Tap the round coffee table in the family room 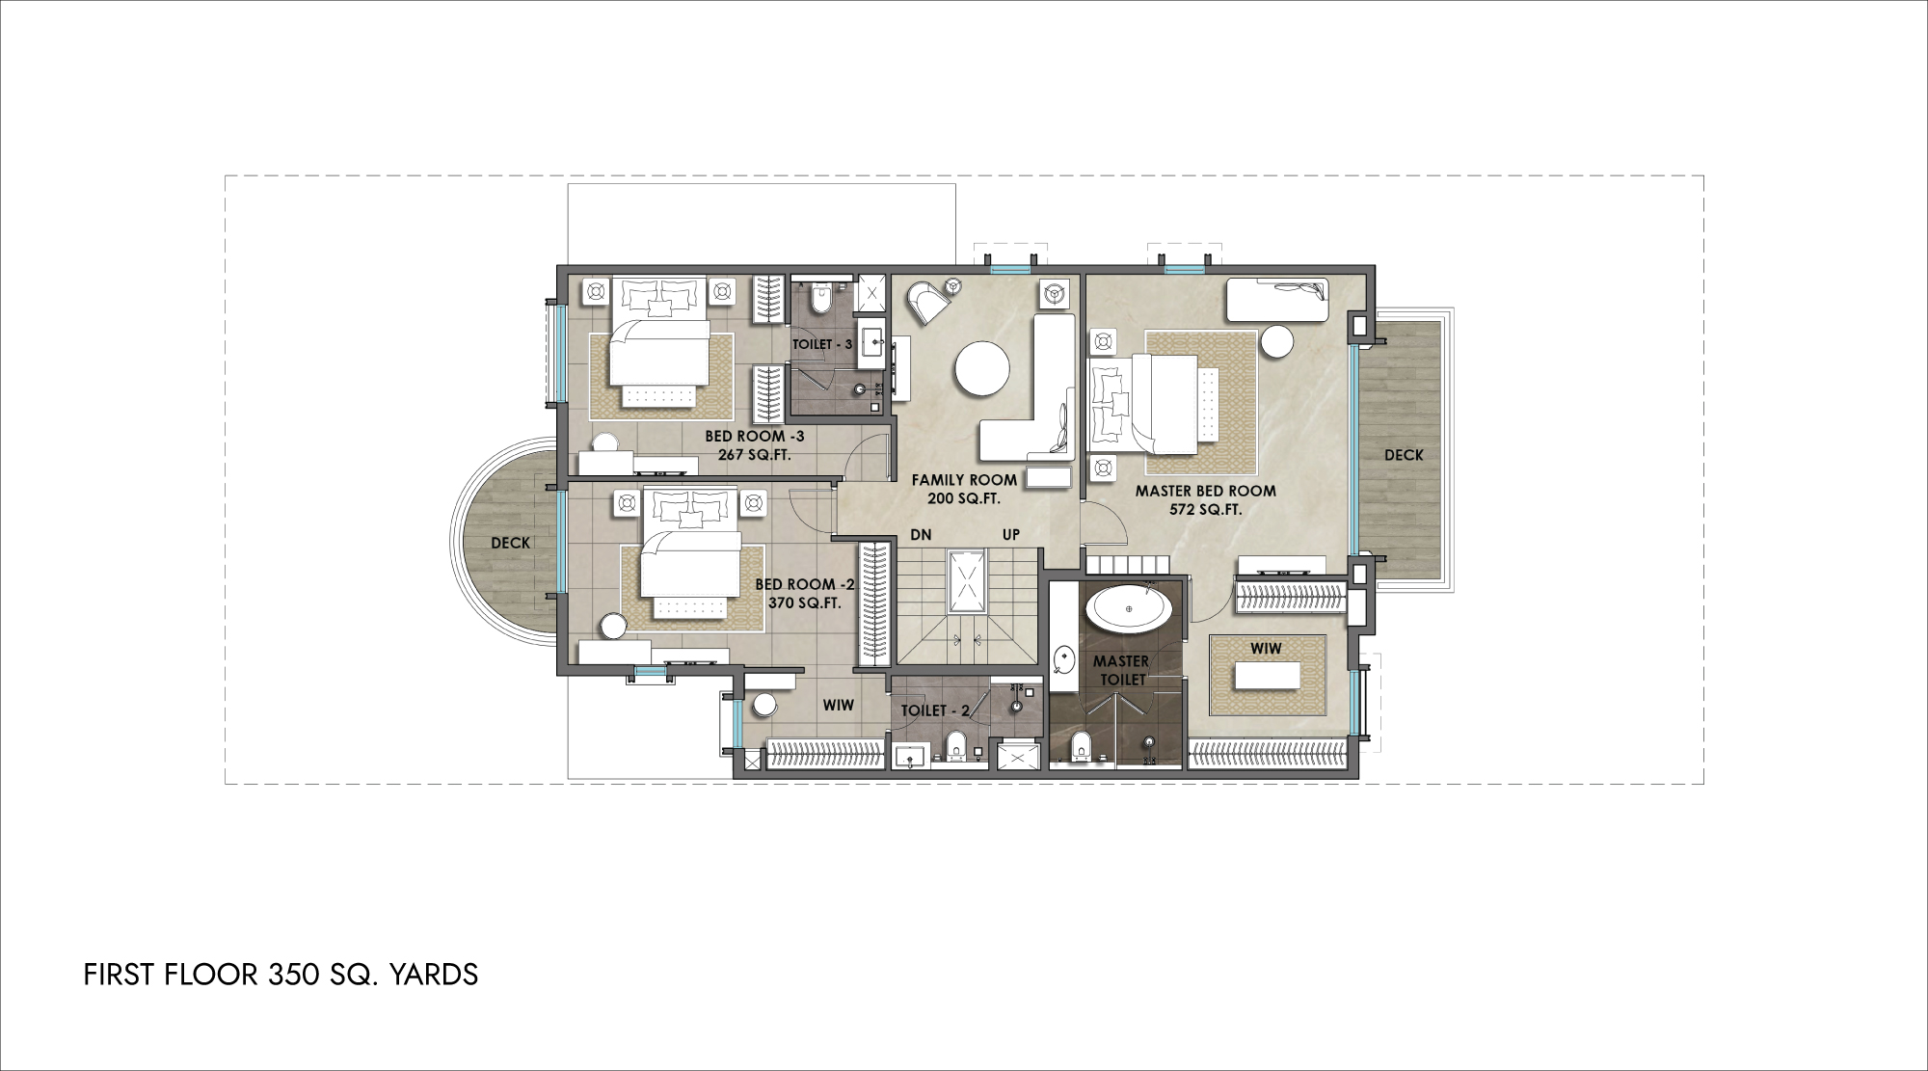click(982, 369)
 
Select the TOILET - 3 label click(822, 344)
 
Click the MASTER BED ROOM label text click(1205, 491)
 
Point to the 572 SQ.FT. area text click(1205, 510)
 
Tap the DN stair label click(921, 535)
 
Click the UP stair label click(1010, 535)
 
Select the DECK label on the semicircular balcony click(510, 543)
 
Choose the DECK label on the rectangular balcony click(1404, 455)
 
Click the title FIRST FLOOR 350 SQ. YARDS click(281, 975)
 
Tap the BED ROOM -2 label click(805, 584)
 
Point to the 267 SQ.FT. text click(755, 455)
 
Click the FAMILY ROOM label click(964, 479)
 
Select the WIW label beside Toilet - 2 click(838, 705)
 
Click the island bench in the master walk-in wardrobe click(1266, 676)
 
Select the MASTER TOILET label click(1120, 670)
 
